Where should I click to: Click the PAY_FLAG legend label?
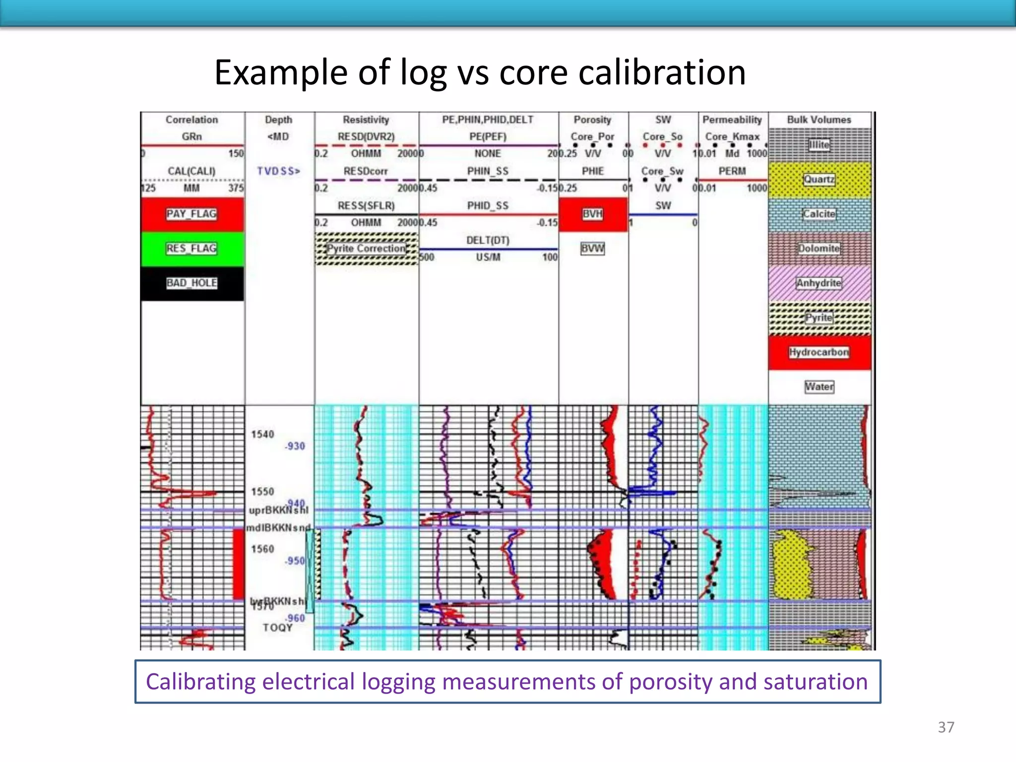(x=191, y=214)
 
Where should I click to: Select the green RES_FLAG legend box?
(x=192, y=249)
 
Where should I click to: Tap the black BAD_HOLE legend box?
(x=192, y=283)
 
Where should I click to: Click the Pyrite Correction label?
(x=366, y=249)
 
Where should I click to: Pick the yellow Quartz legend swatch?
(x=819, y=180)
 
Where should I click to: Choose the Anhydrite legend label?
(x=819, y=283)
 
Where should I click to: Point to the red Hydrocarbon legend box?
(x=819, y=352)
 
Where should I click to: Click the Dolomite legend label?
(x=819, y=249)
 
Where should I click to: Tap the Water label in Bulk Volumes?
(x=819, y=386)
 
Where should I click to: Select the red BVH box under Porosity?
(x=593, y=214)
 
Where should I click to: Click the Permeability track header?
(x=732, y=120)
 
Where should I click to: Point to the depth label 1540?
(x=262, y=435)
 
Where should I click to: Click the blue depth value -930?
(x=295, y=446)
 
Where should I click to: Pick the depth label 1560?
(x=262, y=549)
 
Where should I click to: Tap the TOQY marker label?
(x=278, y=628)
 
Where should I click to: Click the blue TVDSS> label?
(x=279, y=171)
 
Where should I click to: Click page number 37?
(x=946, y=727)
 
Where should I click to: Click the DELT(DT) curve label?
(x=488, y=240)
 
